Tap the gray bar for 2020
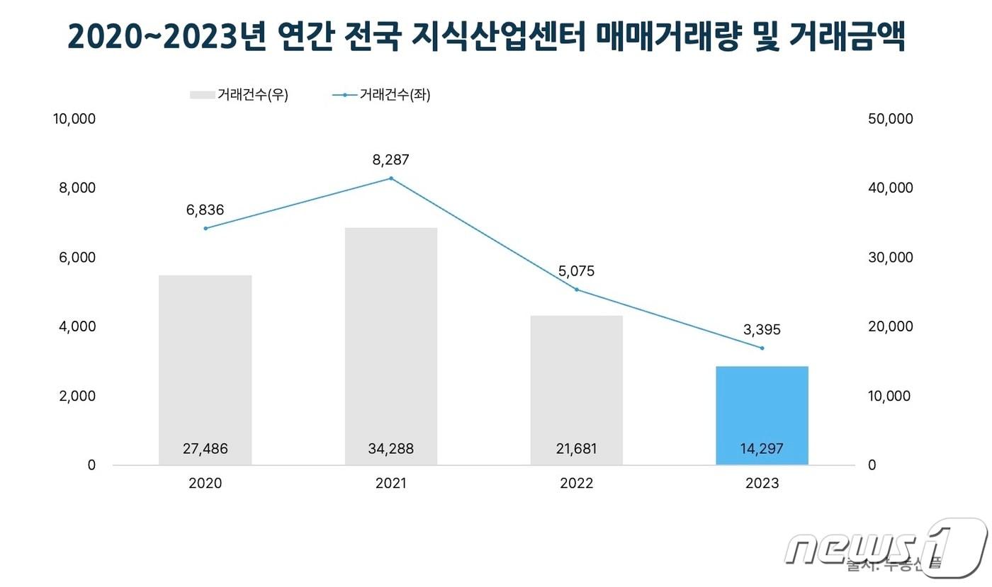(x=205, y=370)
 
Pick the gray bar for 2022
(x=577, y=389)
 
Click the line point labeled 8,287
(x=391, y=178)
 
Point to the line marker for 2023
(x=762, y=348)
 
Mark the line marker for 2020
(x=205, y=228)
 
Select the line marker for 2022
(x=577, y=290)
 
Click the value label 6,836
(x=205, y=210)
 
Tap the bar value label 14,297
(x=762, y=448)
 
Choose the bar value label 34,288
(x=391, y=448)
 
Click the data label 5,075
(x=577, y=271)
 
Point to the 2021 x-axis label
(x=391, y=484)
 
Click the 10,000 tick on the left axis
(x=74, y=119)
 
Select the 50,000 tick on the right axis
(x=891, y=119)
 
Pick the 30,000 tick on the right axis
(x=891, y=258)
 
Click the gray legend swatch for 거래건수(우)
(x=202, y=95)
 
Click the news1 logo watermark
(x=886, y=545)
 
